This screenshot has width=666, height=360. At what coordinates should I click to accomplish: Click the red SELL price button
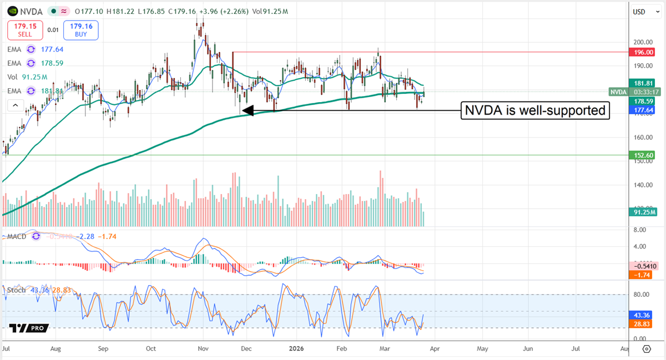pos(24,30)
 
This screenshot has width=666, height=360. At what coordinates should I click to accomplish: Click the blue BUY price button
pos(80,30)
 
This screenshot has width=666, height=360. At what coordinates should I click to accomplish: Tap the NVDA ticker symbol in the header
pos(32,11)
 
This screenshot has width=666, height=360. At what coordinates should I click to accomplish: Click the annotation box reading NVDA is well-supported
pos(535,111)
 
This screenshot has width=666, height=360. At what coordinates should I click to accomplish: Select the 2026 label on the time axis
pos(295,349)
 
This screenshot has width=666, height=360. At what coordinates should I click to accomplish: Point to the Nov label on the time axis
pos(203,349)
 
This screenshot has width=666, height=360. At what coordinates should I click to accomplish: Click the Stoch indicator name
pos(17,290)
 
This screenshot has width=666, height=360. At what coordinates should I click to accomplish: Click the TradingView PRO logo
pos(29,328)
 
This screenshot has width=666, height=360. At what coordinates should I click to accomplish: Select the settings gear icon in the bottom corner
pos(647,349)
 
